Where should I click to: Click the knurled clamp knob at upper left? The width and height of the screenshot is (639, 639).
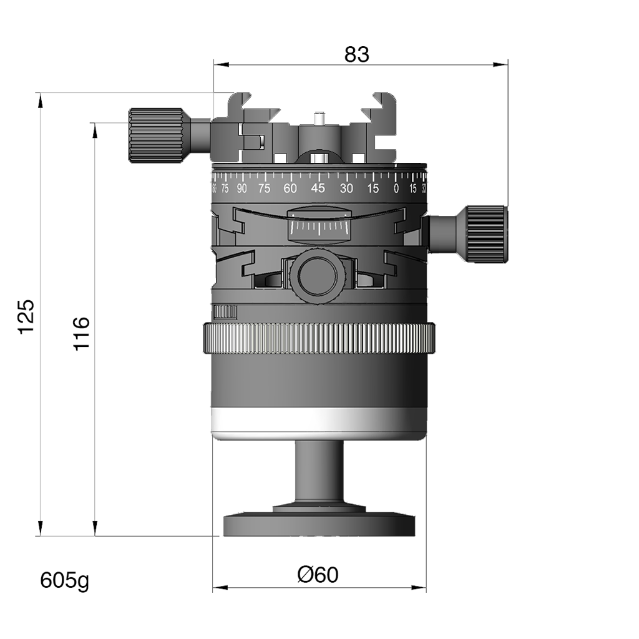point(156,134)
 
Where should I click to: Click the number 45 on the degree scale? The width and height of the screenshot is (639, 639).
point(318,188)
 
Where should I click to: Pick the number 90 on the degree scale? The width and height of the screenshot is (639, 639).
point(241,188)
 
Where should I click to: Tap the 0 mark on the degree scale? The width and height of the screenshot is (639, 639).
point(396,188)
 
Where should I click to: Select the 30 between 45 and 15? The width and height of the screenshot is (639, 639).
point(346,188)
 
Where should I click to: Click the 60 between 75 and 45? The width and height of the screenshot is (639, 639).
point(290,188)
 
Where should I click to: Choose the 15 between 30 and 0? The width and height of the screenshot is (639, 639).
point(373,188)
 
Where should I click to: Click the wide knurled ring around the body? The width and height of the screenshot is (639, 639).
point(318,338)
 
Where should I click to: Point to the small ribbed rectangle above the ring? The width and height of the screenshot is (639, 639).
point(226,312)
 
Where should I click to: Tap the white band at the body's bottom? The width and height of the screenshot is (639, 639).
point(318,422)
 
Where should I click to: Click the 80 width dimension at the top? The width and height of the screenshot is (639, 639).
point(356,56)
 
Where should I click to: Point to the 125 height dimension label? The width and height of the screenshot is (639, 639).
point(28,319)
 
